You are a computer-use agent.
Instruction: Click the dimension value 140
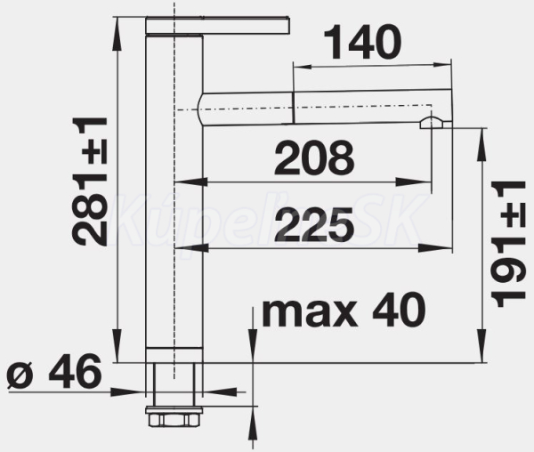(x=363, y=42)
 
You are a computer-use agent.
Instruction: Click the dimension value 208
(x=314, y=158)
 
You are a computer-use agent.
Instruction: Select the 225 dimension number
(x=314, y=223)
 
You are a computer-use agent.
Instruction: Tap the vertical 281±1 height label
(x=90, y=182)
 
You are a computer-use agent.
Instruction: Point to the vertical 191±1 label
(x=508, y=244)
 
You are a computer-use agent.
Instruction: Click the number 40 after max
(x=399, y=310)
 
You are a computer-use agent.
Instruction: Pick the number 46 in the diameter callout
(x=76, y=371)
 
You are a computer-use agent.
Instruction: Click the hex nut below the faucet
(x=174, y=416)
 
